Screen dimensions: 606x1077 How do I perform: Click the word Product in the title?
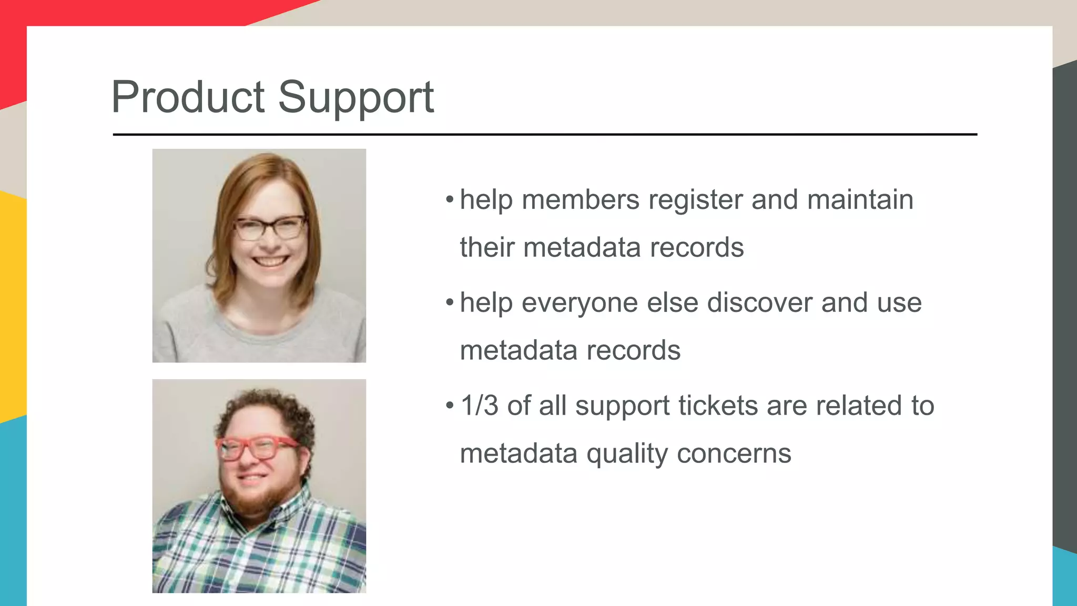pyautogui.click(x=188, y=97)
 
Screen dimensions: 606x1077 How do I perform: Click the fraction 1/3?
pyautogui.click(x=479, y=406)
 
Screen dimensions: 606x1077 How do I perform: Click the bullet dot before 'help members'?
pyautogui.click(x=449, y=200)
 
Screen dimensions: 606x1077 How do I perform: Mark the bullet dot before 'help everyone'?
pyautogui.click(x=449, y=302)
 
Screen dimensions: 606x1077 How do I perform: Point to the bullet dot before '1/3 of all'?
pyautogui.click(x=449, y=406)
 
